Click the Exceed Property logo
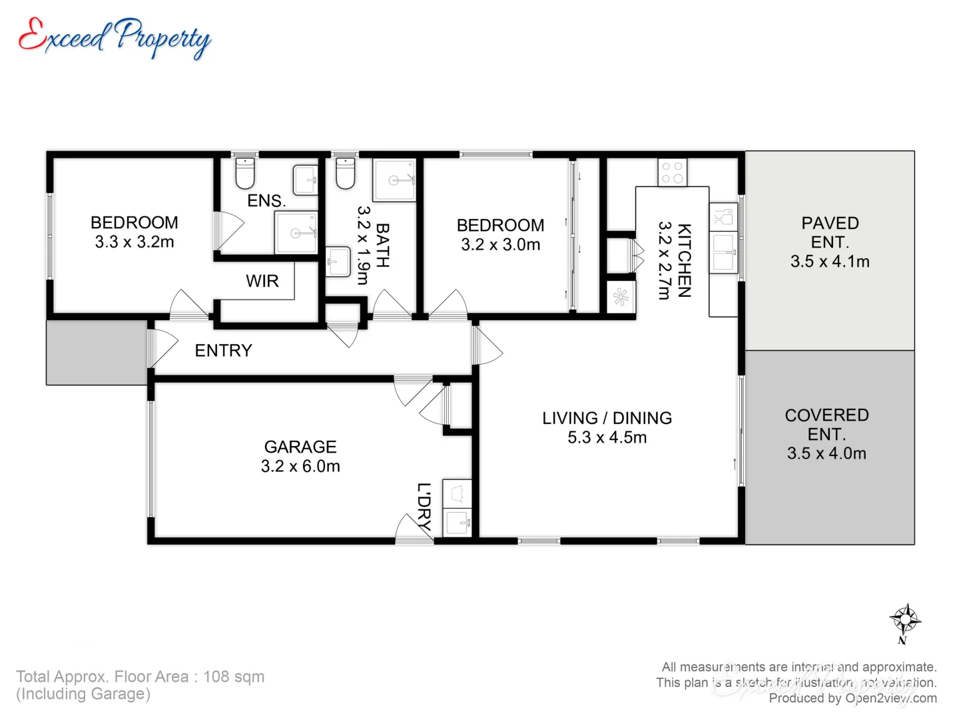pos(115,37)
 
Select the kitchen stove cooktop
pos(672,172)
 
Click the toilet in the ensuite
pos(245,174)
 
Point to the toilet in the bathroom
pos(345,174)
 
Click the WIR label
pos(262,282)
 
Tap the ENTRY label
pos(223,351)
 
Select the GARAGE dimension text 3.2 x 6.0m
pos(300,467)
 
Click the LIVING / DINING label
pos(607,418)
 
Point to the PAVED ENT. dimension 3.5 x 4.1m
pos(830,262)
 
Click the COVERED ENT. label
pos(826,424)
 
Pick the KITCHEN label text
pos(684,260)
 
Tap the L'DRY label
pos(424,506)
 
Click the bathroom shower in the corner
pos(394,180)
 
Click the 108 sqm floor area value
pos(234,677)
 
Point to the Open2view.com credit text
pos(890,698)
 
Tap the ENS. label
pos(266,201)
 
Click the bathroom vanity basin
pos(338,262)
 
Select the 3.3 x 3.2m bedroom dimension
pos(135,242)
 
